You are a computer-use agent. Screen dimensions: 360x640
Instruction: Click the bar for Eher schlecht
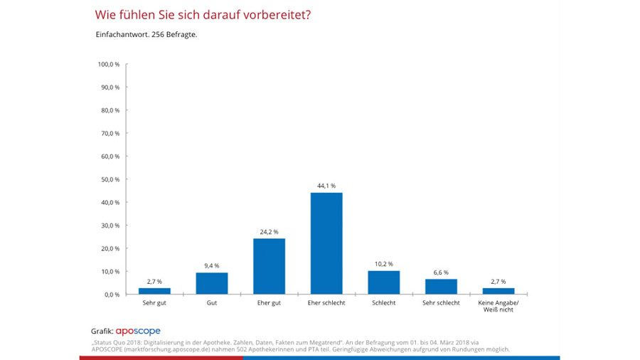[326, 243]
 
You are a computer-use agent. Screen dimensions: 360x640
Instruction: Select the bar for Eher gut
[269, 266]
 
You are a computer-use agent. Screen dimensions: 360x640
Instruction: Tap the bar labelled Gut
[212, 283]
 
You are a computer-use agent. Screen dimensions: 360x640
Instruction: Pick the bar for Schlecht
[384, 282]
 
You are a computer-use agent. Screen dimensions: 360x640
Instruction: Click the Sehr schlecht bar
[441, 287]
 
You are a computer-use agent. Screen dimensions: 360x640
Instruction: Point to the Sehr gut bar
[154, 291]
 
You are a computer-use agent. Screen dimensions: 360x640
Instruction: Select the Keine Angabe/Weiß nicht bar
[498, 291]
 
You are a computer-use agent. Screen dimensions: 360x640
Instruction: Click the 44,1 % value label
[326, 186]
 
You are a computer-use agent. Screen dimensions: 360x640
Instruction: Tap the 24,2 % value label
[269, 232]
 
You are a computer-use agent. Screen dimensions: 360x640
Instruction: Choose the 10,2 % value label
[384, 264]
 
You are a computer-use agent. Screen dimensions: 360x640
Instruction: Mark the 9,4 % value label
[212, 266]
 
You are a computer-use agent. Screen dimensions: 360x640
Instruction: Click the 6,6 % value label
[441, 272]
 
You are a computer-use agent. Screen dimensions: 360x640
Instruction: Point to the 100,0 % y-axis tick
[109, 64]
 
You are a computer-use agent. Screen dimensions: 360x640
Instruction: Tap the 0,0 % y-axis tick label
[112, 295]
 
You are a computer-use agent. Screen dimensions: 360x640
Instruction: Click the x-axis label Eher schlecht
[326, 303]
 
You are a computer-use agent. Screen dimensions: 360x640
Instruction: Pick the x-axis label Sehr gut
[154, 303]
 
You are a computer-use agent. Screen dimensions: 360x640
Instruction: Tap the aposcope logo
[138, 331]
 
